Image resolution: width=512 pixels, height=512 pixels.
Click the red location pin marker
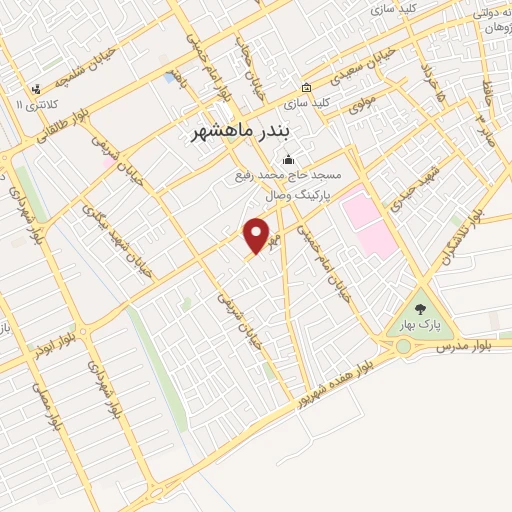(258, 235)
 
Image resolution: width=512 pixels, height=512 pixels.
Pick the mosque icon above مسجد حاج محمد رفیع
(289, 159)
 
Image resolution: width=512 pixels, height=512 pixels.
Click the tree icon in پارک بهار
(420, 310)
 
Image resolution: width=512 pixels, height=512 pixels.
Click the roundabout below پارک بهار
(403, 347)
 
